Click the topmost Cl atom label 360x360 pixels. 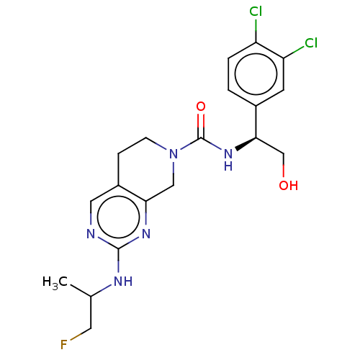(x=256, y=12)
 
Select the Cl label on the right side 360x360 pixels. (x=311, y=43)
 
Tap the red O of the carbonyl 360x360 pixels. (x=201, y=107)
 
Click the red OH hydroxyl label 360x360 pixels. (x=289, y=185)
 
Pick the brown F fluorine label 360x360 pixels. (x=63, y=345)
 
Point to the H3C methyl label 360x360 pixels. (x=55, y=282)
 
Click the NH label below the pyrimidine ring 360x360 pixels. (x=123, y=281)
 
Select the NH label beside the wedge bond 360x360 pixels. (x=228, y=160)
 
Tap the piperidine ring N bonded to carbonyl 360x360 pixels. (x=174, y=154)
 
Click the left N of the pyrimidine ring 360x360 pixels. (x=91, y=233)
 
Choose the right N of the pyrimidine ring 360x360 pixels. (x=146, y=233)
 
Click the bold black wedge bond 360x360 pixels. (x=246, y=144)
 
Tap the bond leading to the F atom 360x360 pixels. (x=81, y=334)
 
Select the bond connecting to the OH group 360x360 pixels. (x=284, y=165)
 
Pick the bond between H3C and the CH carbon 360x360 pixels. (x=81, y=291)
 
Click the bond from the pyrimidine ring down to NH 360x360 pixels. (x=118, y=261)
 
